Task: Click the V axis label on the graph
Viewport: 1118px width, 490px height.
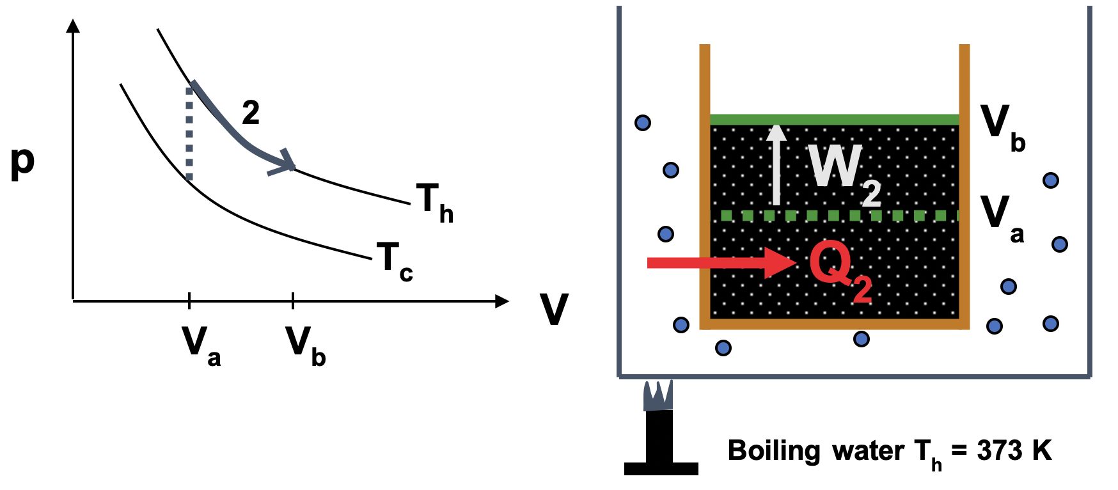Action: (553, 310)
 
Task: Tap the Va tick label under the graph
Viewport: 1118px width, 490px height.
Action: (200, 345)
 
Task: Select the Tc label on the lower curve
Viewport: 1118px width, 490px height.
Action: (394, 261)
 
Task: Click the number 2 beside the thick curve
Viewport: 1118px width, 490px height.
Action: (251, 113)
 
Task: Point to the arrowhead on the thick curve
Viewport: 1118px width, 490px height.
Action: (285, 163)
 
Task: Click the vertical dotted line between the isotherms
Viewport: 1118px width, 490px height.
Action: (189, 134)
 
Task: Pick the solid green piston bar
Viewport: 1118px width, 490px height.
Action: (835, 120)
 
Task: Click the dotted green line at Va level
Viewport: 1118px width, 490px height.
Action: (835, 216)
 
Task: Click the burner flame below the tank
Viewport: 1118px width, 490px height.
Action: (657, 396)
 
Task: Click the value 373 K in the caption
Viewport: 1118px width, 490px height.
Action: (1014, 451)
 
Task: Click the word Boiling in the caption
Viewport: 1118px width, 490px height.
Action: (774, 451)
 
